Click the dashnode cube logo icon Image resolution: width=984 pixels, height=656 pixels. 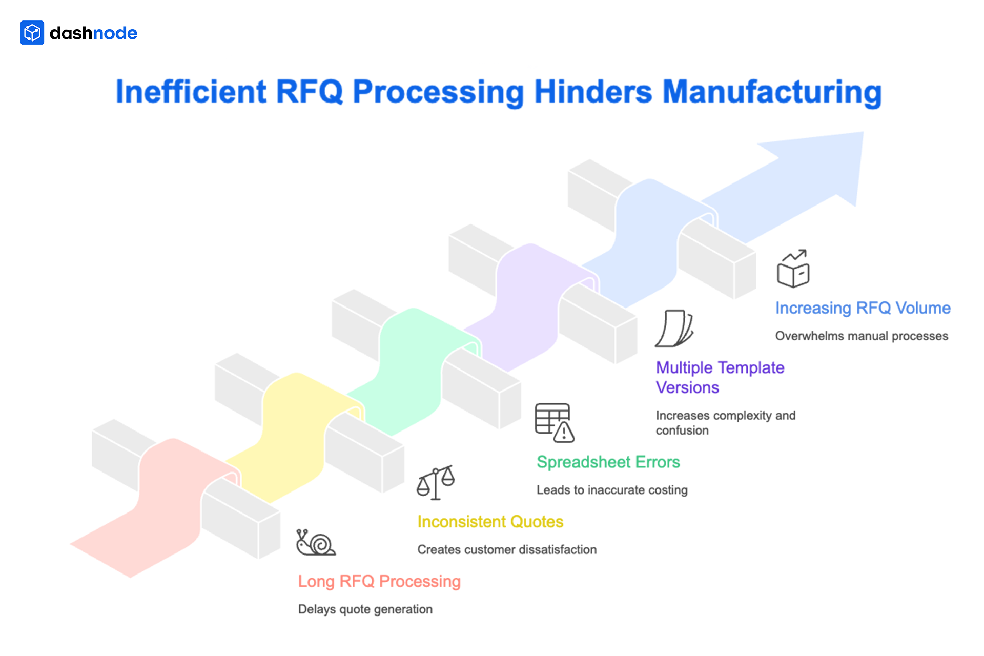(x=32, y=33)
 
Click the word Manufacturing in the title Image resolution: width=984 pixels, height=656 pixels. (x=772, y=92)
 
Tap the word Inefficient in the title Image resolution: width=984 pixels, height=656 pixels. (x=191, y=92)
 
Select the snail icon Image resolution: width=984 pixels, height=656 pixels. (x=315, y=543)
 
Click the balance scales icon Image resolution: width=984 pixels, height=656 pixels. (x=436, y=482)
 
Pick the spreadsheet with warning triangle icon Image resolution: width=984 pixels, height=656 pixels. (x=554, y=423)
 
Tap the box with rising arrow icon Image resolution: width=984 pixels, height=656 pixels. (x=793, y=269)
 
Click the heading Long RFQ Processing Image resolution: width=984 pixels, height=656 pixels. (x=379, y=581)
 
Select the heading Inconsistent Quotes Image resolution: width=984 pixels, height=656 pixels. (x=490, y=522)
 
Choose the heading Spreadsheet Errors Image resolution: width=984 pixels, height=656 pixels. (x=608, y=462)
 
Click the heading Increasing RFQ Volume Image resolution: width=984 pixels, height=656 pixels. (x=863, y=308)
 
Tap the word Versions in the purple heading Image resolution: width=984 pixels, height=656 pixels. (x=687, y=387)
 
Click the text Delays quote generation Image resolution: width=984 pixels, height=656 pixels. (x=365, y=609)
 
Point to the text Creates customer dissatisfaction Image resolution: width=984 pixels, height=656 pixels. (x=507, y=550)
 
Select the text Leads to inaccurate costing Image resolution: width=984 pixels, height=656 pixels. (x=612, y=490)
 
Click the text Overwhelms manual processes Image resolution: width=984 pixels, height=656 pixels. (x=861, y=336)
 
